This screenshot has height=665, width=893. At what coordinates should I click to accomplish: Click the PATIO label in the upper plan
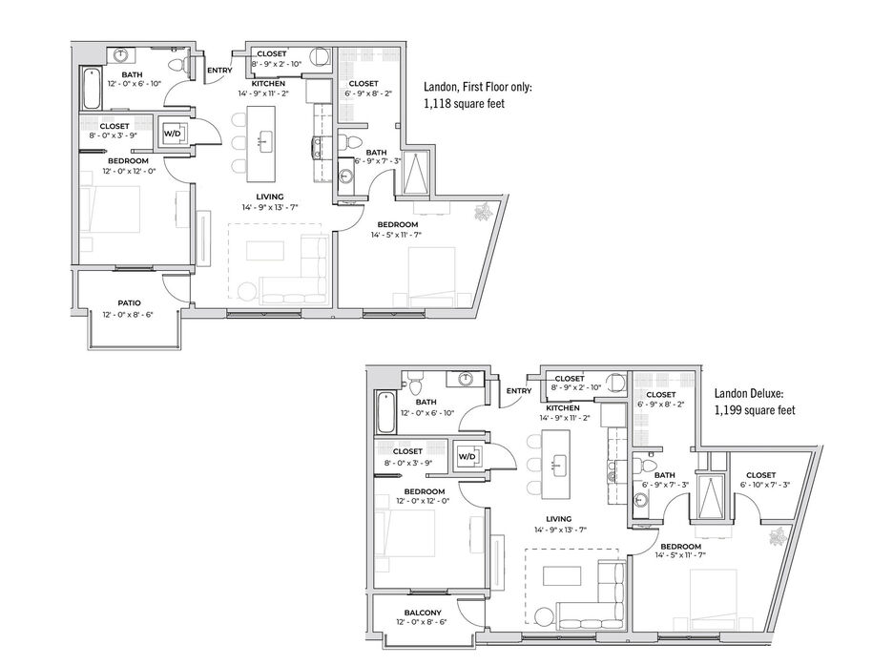[130, 302]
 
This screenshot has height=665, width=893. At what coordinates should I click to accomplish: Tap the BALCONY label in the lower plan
[423, 613]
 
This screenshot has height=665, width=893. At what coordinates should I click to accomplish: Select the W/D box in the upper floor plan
[172, 134]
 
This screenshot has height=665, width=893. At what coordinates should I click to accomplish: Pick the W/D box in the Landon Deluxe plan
[467, 456]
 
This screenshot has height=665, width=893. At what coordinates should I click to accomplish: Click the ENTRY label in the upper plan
[219, 71]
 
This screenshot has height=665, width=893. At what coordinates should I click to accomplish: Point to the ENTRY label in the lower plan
[519, 391]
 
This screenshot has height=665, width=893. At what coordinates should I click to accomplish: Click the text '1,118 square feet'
[465, 104]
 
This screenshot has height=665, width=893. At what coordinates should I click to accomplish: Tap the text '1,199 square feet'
[756, 410]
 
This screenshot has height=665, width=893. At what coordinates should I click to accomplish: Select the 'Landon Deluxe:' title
[750, 393]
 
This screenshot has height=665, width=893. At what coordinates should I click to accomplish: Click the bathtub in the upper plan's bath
[92, 88]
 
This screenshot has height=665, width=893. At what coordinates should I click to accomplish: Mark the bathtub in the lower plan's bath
[386, 412]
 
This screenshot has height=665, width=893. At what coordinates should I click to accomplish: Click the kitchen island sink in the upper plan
[266, 140]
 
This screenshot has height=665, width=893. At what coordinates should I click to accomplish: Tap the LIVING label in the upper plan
[270, 197]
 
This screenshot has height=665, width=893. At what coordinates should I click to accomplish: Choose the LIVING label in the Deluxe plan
[559, 519]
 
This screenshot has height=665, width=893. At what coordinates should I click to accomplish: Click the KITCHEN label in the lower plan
[563, 408]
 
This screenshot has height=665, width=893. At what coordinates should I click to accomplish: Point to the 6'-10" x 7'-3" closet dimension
[765, 485]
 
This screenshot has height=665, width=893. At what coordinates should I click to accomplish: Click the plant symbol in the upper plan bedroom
[484, 211]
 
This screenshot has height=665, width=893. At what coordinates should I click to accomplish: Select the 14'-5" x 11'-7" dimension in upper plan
[396, 234]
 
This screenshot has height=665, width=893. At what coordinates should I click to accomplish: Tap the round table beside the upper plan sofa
[248, 292]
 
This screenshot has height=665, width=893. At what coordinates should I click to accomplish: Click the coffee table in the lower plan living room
[562, 575]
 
